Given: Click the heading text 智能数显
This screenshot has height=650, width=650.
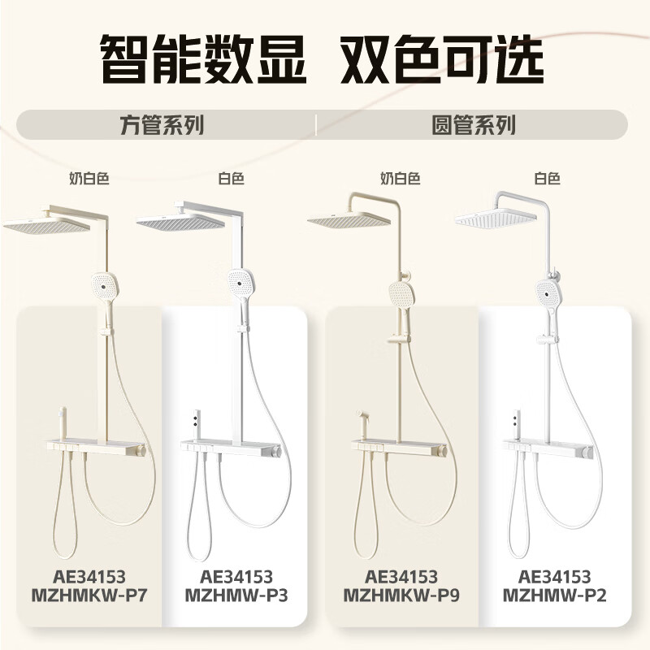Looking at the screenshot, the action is (x=203, y=59).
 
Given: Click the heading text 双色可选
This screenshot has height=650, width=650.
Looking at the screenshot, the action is (x=442, y=59).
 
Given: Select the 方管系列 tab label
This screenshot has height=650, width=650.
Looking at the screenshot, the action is (x=162, y=125).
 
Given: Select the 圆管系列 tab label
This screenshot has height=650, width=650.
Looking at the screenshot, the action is (x=474, y=125).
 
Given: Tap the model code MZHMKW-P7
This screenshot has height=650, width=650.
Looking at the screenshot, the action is (x=89, y=596).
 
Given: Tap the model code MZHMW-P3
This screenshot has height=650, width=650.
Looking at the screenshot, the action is (x=236, y=596).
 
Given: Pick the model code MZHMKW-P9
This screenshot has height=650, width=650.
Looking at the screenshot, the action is (x=401, y=596).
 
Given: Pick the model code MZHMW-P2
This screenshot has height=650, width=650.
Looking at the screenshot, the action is (x=555, y=596).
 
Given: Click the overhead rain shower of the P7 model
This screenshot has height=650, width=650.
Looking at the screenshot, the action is (x=46, y=224).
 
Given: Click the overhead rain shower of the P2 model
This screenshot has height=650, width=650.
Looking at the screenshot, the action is (x=496, y=217).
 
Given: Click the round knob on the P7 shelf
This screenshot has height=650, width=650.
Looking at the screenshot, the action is (x=142, y=450).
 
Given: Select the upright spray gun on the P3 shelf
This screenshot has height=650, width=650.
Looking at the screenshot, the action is (x=196, y=425).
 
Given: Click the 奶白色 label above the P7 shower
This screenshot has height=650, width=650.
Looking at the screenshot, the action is (x=89, y=179).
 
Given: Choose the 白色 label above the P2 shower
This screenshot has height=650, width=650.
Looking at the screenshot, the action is (x=547, y=179).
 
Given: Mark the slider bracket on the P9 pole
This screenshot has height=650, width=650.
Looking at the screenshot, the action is (x=399, y=339).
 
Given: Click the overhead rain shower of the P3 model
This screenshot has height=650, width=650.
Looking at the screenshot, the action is (x=180, y=222).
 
